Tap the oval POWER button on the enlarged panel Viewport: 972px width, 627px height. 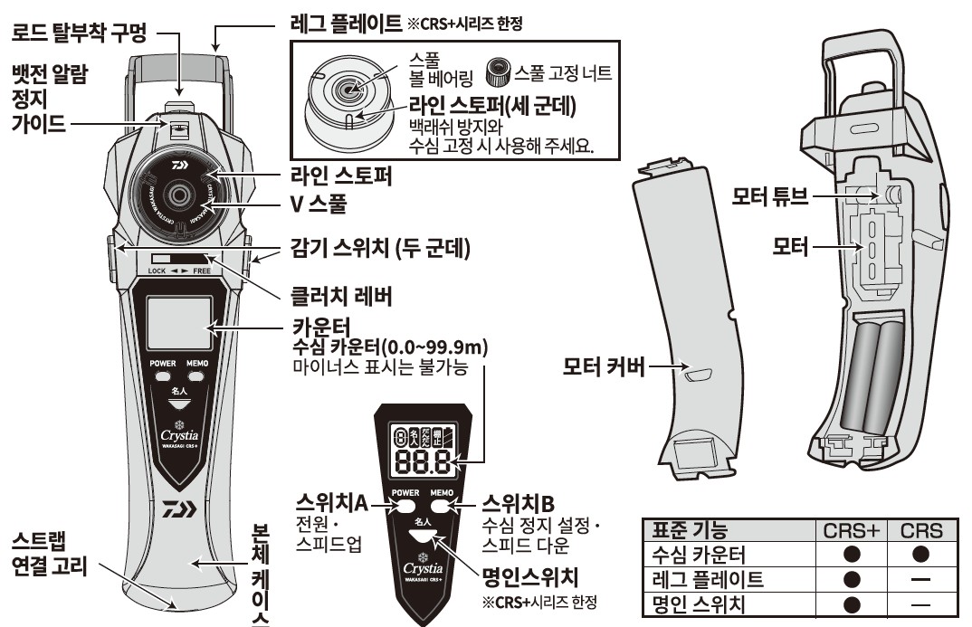[405, 508]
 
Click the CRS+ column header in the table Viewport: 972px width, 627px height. [850, 531]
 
